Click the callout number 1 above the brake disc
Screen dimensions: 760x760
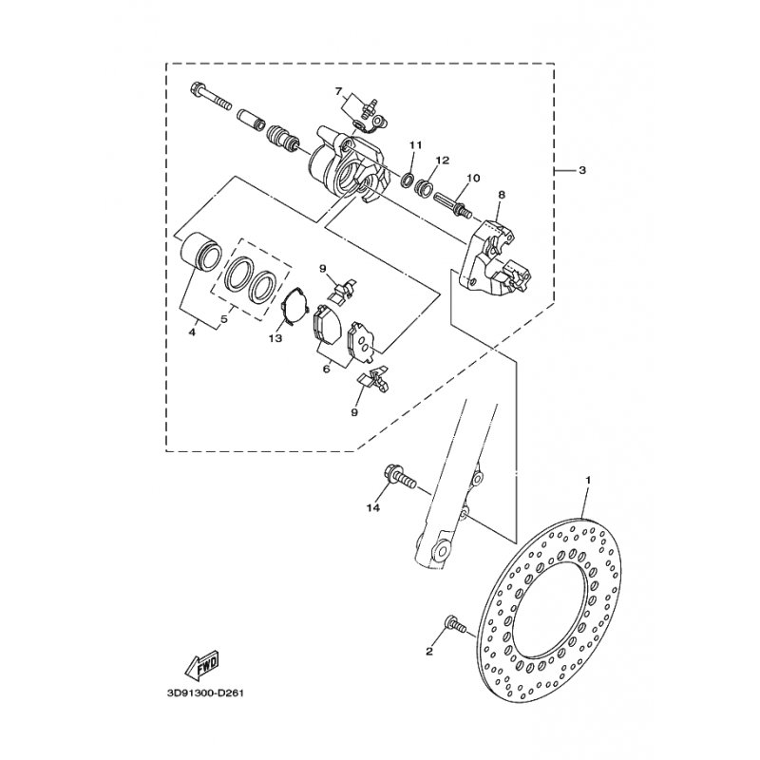pos(588,481)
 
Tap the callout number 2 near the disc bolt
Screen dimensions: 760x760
pos(429,652)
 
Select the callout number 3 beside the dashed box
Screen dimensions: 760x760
pos(582,170)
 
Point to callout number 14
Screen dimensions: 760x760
pos(373,507)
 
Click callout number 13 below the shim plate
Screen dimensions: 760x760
pos(275,339)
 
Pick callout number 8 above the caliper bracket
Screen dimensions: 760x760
pos(502,195)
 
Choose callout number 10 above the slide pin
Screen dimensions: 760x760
pos(473,179)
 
